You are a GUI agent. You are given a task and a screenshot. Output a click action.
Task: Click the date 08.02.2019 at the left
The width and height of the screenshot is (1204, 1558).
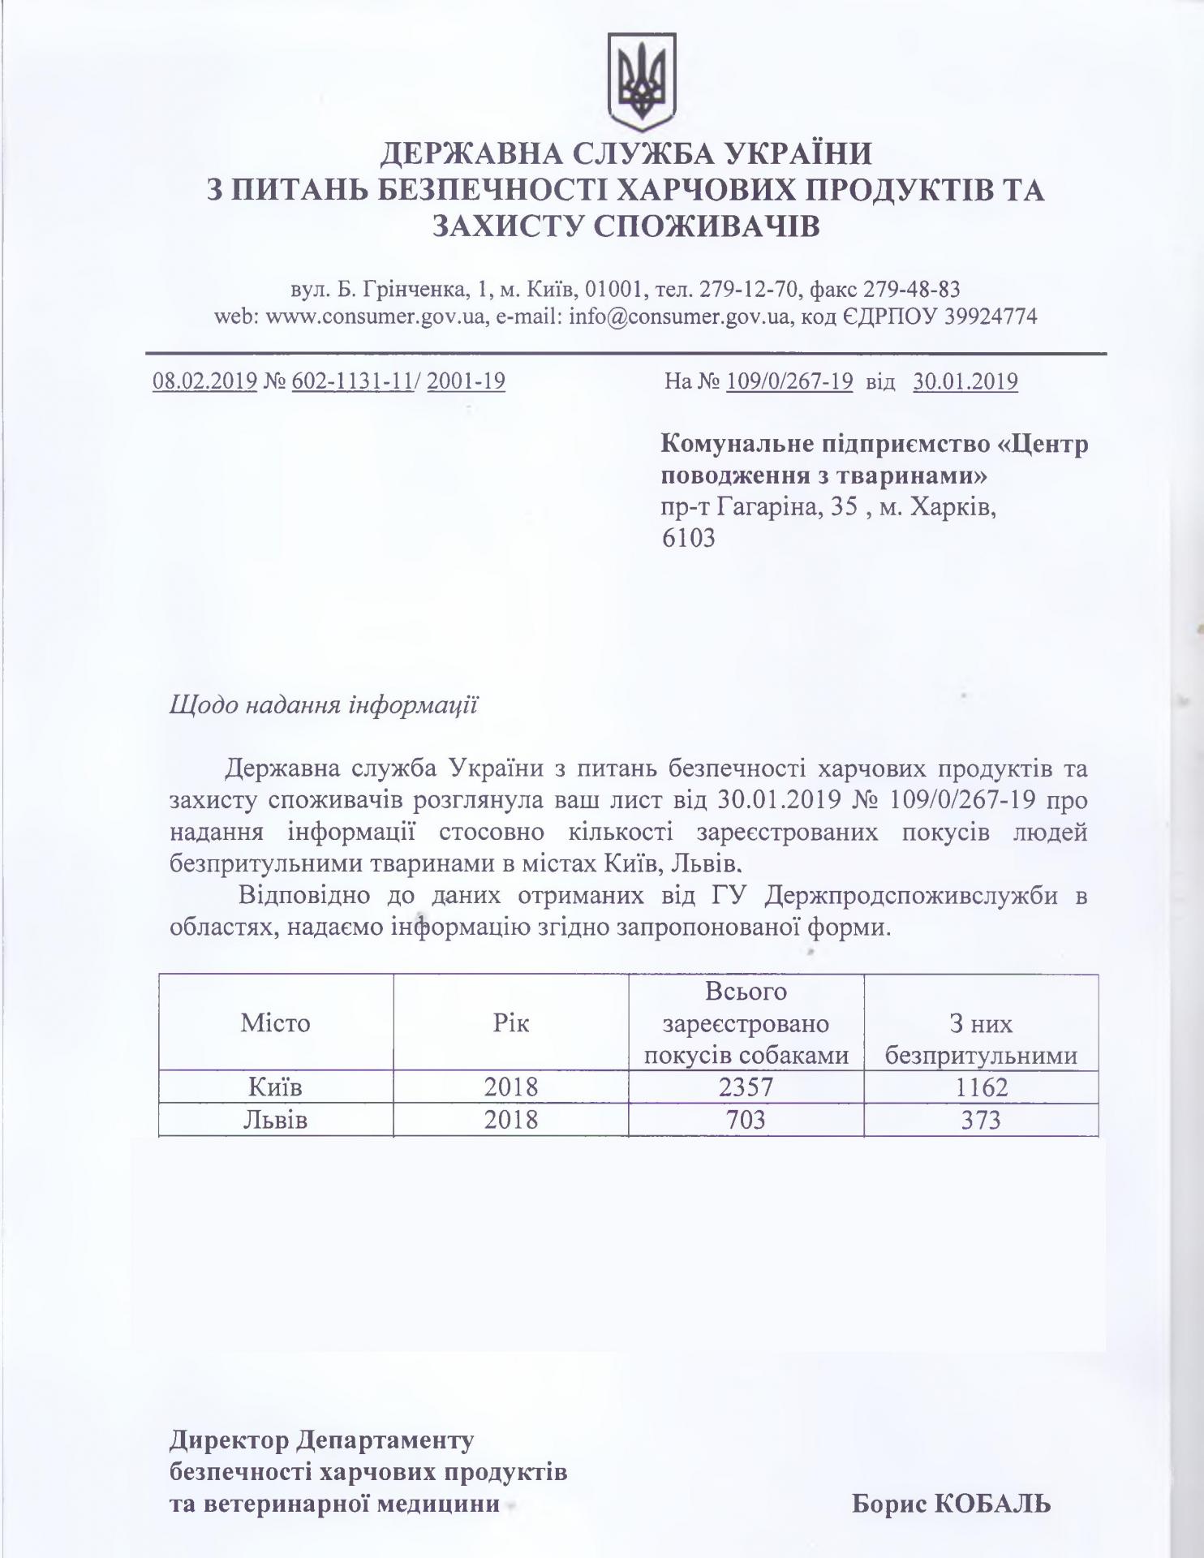(x=205, y=381)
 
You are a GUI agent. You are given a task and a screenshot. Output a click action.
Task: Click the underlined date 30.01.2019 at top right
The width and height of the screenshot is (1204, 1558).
(x=965, y=381)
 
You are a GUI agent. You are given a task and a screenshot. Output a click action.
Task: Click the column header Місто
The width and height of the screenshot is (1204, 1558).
(x=275, y=1022)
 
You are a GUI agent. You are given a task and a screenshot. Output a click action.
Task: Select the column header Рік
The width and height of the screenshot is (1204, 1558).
(x=511, y=1022)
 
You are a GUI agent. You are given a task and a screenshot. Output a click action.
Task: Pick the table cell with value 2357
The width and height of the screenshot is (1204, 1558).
(x=746, y=1087)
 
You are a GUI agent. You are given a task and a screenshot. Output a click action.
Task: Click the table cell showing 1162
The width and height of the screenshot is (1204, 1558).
(x=981, y=1087)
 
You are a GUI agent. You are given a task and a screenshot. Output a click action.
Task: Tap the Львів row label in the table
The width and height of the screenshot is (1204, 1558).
(x=275, y=1120)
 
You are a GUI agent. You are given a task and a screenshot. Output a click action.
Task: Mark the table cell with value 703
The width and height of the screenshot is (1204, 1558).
(x=746, y=1120)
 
